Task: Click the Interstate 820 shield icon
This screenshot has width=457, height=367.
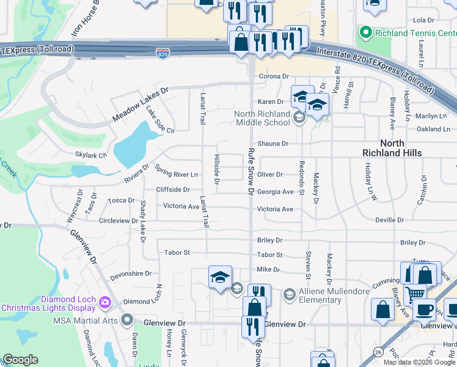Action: (x=163, y=54)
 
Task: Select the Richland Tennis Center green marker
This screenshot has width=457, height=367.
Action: (x=366, y=32)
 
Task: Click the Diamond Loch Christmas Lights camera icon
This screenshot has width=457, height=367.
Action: (x=104, y=302)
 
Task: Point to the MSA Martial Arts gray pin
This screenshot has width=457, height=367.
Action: (x=127, y=319)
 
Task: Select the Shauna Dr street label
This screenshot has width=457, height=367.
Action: (x=272, y=144)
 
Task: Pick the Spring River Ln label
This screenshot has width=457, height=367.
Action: (x=177, y=174)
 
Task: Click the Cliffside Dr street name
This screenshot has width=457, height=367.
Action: (x=173, y=190)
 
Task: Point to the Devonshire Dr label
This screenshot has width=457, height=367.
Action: (x=130, y=275)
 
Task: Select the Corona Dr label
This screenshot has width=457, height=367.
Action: (x=272, y=76)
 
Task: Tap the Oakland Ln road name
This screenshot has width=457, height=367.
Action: (x=433, y=129)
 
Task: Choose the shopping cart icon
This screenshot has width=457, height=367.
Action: (x=415, y=294)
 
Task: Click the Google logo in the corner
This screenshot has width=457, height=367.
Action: (x=21, y=360)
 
